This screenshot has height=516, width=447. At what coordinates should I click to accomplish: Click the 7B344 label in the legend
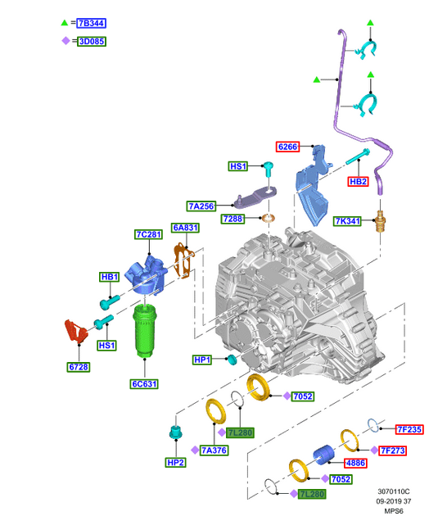(x=92, y=23)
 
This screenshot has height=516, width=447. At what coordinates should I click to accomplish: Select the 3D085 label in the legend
(x=92, y=42)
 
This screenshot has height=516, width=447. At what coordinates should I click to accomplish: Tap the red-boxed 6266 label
(x=288, y=147)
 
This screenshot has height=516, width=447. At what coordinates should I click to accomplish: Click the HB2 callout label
(x=359, y=181)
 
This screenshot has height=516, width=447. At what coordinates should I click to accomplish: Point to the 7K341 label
(x=347, y=221)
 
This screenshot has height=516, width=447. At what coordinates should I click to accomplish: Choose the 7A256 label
(x=201, y=206)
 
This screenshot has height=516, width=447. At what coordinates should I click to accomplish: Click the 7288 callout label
(x=233, y=219)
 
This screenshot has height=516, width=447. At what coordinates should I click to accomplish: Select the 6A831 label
(x=186, y=228)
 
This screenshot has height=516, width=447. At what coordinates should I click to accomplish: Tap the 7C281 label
(x=149, y=234)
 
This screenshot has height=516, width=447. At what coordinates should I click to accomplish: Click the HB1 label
(x=110, y=277)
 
